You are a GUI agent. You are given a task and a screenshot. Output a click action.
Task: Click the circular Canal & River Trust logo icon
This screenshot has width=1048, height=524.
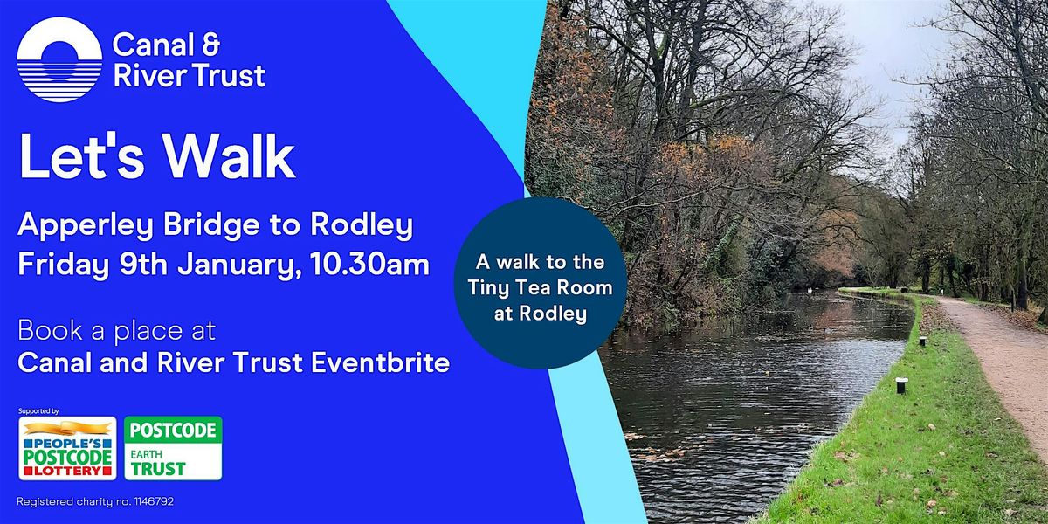pyautogui.click(x=59, y=59)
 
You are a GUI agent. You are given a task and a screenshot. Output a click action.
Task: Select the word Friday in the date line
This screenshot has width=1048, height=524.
pyautogui.click(x=59, y=264)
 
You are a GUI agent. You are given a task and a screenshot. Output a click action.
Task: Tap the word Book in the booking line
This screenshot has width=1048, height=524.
pyautogui.click(x=46, y=333)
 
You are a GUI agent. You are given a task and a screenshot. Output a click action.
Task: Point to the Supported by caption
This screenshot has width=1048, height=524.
pyautogui.click(x=38, y=410)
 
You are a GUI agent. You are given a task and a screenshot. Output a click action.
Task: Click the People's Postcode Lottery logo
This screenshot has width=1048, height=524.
pyautogui.click(x=67, y=448)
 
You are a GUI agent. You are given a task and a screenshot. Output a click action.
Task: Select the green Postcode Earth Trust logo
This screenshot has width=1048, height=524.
pyautogui.click(x=172, y=448)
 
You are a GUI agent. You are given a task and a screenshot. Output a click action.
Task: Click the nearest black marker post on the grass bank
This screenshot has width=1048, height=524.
pyautogui.click(x=901, y=384)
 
